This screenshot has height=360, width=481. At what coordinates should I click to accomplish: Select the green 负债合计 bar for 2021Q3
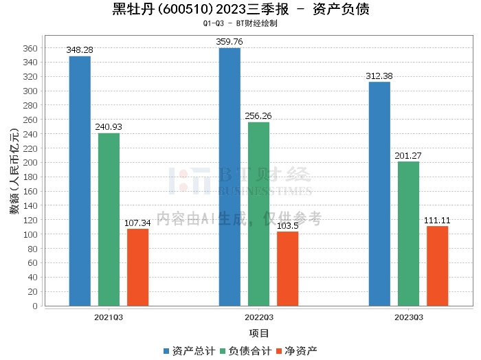tap(109, 219)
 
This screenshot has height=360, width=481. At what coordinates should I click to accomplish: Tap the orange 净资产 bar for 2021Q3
tap(137, 267)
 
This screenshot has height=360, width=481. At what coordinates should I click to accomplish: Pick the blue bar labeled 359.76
tap(230, 177)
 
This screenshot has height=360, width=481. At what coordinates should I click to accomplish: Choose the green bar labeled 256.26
tap(258, 214)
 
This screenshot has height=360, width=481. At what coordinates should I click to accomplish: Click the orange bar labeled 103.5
tap(287, 269)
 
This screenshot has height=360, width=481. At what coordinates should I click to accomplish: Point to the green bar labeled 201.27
tap(408, 234)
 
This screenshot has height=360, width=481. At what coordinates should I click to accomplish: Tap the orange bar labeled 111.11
tap(437, 266)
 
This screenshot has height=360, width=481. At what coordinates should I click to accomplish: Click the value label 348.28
tap(80, 50)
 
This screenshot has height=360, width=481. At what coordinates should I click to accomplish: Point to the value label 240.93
tap(109, 127)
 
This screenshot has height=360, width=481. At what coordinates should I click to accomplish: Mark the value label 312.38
tap(379, 76)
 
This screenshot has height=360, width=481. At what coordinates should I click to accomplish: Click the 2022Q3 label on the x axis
tap(258, 317)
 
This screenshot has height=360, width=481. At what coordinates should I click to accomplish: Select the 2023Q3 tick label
tap(408, 317)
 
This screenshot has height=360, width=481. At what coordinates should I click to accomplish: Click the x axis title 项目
tap(258, 333)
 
